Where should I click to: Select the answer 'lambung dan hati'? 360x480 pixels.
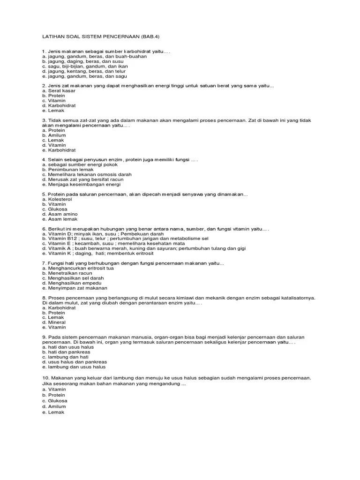(68, 357)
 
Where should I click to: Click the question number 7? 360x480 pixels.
(43, 263)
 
